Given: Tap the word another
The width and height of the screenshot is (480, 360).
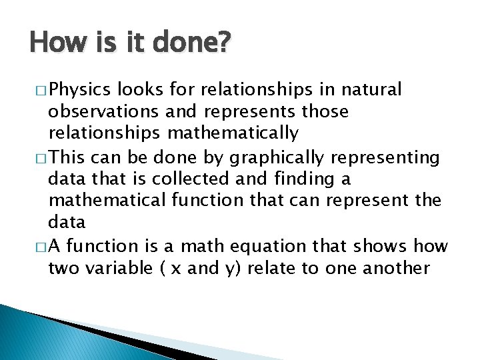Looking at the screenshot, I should (398, 269).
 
